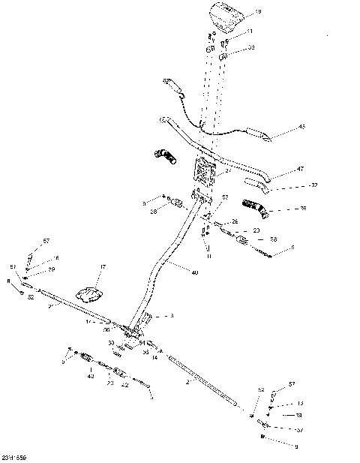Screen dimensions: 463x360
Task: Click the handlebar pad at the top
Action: click(228, 14)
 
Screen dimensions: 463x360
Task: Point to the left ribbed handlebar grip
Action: click(165, 157)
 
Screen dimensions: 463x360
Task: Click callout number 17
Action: click(103, 266)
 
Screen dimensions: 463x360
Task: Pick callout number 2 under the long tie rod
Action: click(187, 381)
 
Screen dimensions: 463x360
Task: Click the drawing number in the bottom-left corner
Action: click(15, 457)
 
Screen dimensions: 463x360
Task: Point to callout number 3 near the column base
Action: click(171, 316)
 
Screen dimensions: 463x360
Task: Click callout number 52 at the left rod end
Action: click(31, 297)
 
